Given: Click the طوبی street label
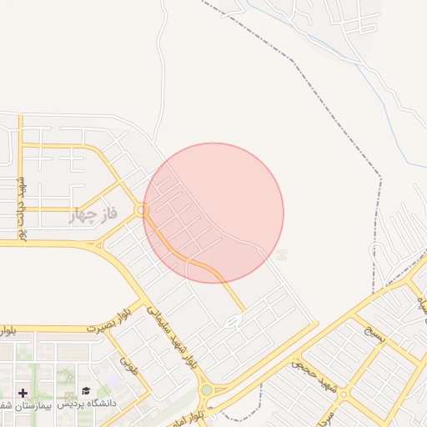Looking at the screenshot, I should tap(128, 364).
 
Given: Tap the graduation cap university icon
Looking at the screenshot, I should tap(86, 390).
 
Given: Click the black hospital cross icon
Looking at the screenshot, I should tap(22, 392).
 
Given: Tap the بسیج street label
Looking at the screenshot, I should tap(377, 335).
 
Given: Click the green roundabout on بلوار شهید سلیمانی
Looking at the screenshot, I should tap(206, 389).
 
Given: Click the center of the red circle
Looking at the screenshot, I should tap(213, 213).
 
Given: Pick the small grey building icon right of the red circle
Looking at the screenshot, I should tap(282, 254).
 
